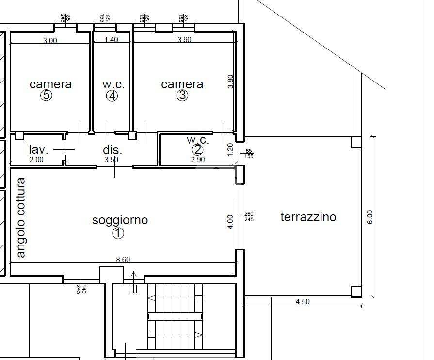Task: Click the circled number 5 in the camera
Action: click(46, 96)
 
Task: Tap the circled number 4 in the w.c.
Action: click(112, 96)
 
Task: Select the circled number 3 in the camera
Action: click(182, 96)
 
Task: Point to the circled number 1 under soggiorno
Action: click(118, 233)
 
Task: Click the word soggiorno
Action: click(120, 220)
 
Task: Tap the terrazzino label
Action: click(308, 217)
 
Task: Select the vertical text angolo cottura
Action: click(21, 218)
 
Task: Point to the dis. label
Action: click(112, 150)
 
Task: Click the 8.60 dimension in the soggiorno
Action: click(123, 260)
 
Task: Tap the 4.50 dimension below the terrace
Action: click(303, 302)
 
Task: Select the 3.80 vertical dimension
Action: click(231, 81)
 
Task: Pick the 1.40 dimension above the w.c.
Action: click(111, 40)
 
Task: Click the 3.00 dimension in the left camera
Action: click(50, 41)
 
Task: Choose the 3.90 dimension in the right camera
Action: click(184, 40)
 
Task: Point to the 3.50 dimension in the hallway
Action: click(111, 159)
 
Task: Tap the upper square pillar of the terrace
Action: click(356, 142)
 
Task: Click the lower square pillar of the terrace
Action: click(356, 292)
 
